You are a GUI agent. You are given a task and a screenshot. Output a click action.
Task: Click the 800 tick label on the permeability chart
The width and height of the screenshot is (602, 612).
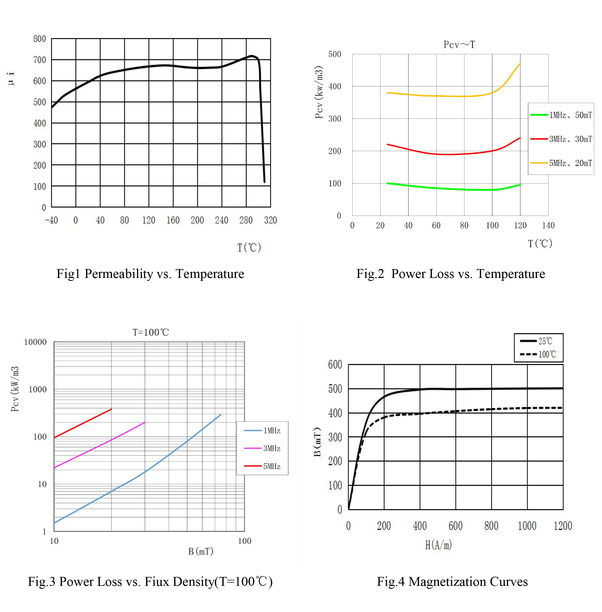tap(39, 39)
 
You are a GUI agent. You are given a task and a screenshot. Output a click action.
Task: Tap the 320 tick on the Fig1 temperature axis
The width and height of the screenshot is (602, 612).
tap(270, 220)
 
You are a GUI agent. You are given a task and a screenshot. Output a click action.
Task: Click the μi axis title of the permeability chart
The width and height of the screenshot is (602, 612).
tap(11, 78)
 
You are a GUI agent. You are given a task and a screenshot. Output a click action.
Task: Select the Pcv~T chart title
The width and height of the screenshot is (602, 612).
tap(459, 45)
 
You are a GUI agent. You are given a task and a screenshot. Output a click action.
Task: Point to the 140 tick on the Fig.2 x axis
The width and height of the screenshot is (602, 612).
tap(548, 225)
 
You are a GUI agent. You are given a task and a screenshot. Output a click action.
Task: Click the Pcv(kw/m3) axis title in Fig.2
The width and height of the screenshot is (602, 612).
tap(319, 92)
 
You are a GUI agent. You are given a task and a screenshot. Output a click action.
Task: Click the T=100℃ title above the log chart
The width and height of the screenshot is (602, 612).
tap(150, 332)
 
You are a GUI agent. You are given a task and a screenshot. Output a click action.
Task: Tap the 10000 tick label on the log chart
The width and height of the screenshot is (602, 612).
tap(35, 342)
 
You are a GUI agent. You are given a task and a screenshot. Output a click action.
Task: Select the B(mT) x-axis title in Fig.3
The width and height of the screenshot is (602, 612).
tap(201, 551)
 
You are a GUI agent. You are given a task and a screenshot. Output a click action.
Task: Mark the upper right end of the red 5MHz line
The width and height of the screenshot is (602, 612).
tap(111, 409)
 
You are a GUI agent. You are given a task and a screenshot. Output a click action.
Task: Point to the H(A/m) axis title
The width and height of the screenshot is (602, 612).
tap(438, 545)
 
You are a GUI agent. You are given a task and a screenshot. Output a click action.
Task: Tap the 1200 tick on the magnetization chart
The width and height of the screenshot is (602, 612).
tap(563, 526)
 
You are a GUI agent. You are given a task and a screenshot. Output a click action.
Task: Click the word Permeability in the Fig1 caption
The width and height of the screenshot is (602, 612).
tap(119, 274)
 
